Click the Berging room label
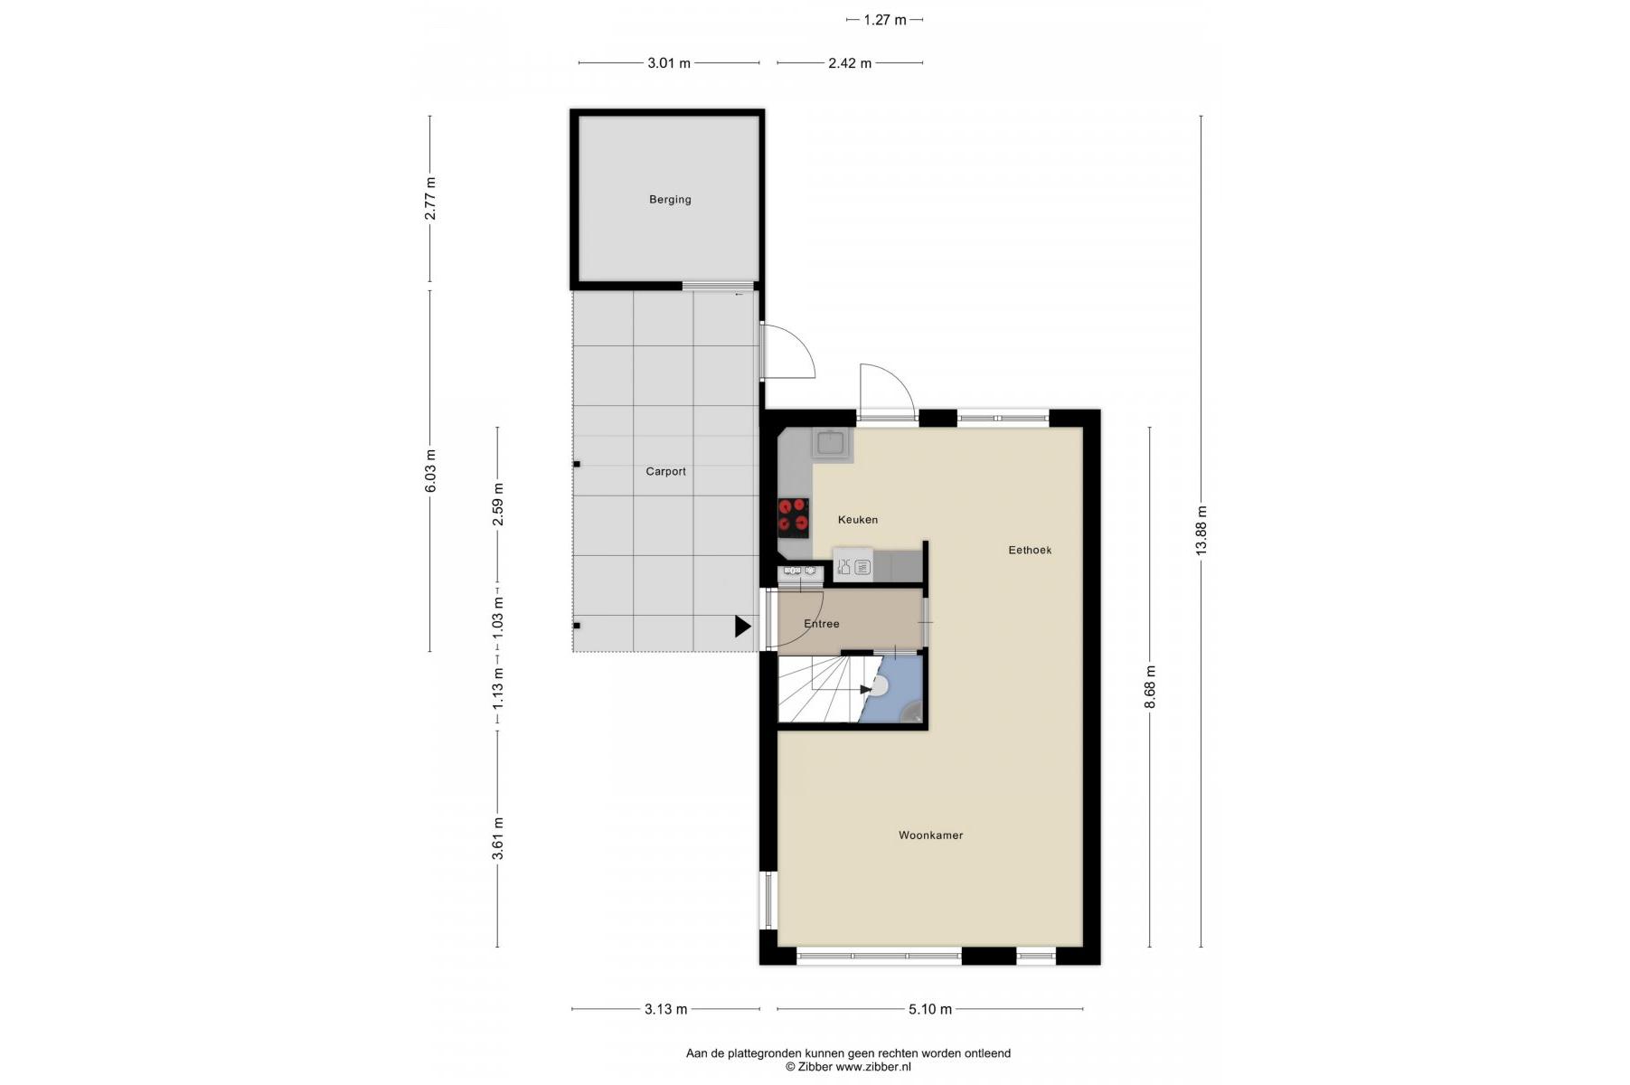670,200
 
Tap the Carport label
665,472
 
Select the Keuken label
857,520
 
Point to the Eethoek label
1030,550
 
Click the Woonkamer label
930,835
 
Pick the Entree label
821,624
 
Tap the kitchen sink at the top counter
831,443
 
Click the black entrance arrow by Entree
742,626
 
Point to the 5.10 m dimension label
929,1009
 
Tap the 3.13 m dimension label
665,1009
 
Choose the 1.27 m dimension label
884,19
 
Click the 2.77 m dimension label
430,198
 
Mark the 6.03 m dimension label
430,471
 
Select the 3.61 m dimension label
498,839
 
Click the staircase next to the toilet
823,689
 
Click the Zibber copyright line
848,1067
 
